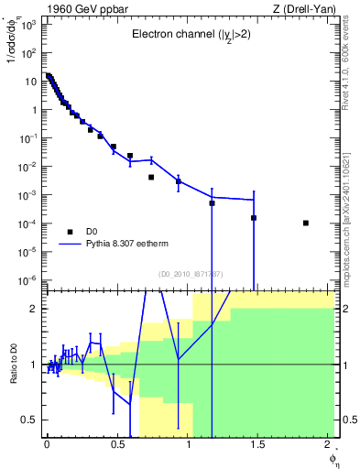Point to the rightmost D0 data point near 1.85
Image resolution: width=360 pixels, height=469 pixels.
click(306, 223)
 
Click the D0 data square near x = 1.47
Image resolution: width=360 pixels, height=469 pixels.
click(254, 217)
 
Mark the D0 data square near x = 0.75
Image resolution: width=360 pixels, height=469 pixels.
click(151, 177)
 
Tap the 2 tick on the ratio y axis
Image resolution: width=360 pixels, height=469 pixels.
click(34, 309)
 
